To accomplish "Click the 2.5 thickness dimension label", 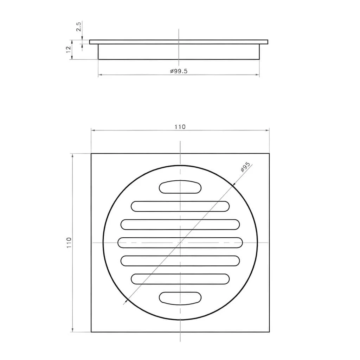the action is point(79,27).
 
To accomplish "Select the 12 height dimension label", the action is point(69,49).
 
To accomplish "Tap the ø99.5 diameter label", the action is point(179,71).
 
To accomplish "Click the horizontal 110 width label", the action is point(180,127).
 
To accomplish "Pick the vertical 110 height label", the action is point(69,243).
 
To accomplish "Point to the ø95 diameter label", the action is point(245,167).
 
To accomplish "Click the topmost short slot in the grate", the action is point(180,187).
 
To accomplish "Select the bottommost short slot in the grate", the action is point(180,298).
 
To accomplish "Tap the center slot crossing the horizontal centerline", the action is point(180,243).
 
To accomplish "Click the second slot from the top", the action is point(180,206).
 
